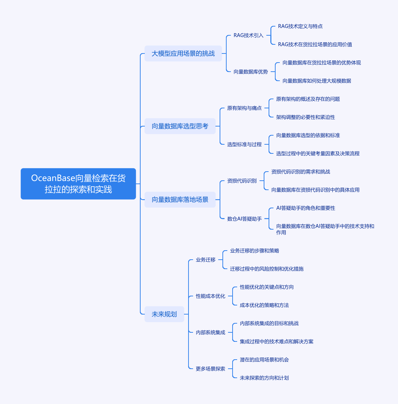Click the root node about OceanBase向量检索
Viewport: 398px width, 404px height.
click(78, 184)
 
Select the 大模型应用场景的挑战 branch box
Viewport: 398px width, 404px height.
click(183, 53)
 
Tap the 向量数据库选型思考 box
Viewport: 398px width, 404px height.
click(180, 126)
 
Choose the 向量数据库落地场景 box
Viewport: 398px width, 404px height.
click(180, 200)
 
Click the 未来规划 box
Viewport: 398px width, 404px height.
click(164, 314)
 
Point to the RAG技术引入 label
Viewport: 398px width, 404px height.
click(248, 35)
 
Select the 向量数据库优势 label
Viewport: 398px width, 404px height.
click(250, 72)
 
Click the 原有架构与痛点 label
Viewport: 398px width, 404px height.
click(244, 108)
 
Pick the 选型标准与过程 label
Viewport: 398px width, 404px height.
click(244, 144)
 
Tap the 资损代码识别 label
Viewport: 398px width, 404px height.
click(242, 181)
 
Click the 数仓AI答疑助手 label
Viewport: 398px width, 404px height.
click(244, 219)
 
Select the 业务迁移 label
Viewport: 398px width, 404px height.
click(205, 260)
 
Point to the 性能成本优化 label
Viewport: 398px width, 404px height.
click(210, 296)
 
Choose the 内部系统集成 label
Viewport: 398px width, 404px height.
click(210, 332)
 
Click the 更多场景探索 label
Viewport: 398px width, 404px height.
click(210, 369)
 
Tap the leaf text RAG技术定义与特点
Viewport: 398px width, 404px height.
click(300, 26)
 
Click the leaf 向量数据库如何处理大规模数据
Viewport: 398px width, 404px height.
click(317, 81)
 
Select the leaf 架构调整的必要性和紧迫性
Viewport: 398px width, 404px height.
click(305, 117)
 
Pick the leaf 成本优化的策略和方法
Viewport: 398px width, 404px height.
click(264, 305)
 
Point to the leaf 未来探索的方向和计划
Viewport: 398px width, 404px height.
click(264, 378)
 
